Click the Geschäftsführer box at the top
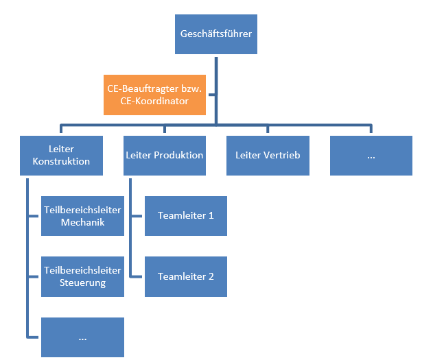click(216, 34)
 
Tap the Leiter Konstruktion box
click(62, 155)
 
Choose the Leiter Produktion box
click(165, 155)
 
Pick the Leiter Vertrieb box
click(268, 155)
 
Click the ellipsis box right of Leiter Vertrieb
click(371, 155)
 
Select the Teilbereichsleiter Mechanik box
click(82, 215)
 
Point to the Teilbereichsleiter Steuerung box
click(82, 276)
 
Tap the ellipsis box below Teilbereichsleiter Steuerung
click(82, 337)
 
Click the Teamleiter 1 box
click(186, 215)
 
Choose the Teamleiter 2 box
click(186, 276)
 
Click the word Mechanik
click(82, 222)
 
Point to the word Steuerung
click(82, 283)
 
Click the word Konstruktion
click(62, 162)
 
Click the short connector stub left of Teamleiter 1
click(137, 215)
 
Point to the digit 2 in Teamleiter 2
click(211, 276)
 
